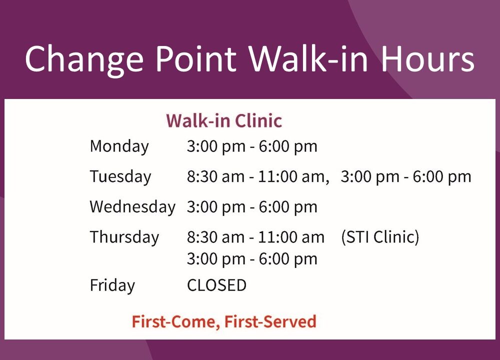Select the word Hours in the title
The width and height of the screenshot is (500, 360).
coord(428,59)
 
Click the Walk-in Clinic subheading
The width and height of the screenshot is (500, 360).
coord(224,121)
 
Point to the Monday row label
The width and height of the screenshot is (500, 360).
coord(119,147)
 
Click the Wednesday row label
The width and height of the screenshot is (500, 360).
coord(132,207)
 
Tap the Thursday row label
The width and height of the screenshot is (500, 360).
coord(124,237)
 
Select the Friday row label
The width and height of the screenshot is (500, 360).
coord(112,285)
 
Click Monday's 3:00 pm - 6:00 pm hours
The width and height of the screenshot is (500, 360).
coord(252,147)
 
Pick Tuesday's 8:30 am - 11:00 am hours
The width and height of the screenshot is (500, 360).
coord(258,177)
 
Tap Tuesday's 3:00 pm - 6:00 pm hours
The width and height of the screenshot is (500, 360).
coord(406,177)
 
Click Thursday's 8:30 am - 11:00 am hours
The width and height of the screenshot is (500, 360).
coord(255,237)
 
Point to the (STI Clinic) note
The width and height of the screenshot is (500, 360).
coord(380,237)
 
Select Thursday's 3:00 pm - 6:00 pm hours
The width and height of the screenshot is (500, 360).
coord(252,259)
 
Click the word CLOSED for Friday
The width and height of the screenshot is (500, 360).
coord(217,285)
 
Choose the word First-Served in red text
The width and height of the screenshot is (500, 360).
coord(270,321)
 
